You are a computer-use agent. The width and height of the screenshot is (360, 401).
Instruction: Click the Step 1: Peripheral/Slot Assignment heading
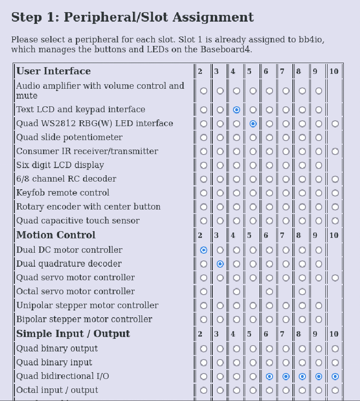[x=132, y=18]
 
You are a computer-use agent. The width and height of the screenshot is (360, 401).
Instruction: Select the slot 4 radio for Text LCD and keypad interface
[x=237, y=109]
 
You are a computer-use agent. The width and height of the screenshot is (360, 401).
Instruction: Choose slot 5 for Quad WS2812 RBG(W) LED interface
[x=253, y=123]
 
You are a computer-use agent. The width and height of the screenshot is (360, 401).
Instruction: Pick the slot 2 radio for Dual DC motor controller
[x=204, y=250]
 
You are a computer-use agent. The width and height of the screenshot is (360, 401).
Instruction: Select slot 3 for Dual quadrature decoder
[x=220, y=264]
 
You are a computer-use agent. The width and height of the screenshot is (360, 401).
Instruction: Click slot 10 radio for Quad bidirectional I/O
[x=335, y=376]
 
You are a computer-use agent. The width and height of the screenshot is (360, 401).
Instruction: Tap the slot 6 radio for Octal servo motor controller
[x=269, y=292]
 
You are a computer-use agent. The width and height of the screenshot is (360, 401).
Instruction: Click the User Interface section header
[x=53, y=71]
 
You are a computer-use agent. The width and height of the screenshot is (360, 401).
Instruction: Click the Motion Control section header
[x=56, y=235]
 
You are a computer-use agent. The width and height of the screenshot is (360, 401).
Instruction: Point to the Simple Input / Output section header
[x=73, y=334]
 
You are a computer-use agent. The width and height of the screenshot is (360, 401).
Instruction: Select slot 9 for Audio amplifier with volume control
[x=319, y=91]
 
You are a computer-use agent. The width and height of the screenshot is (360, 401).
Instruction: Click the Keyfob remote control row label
[x=63, y=193]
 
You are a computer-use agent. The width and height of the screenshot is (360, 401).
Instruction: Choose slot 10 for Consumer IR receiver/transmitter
[x=335, y=151]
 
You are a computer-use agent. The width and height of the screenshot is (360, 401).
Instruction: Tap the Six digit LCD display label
[x=60, y=165]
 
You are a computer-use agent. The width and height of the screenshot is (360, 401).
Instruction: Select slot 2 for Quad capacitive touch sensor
[x=204, y=221]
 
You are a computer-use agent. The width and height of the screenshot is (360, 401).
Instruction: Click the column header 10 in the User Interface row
[x=334, y=72]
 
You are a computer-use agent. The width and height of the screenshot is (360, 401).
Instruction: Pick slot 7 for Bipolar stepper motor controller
[x=286, y=319]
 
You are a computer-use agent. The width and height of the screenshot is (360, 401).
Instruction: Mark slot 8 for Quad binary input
[x=302, y=362]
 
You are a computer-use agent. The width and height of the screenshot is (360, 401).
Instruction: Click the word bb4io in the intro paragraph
[x=311, y=40]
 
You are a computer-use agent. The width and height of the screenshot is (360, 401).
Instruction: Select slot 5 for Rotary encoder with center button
[x=253, y=207]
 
